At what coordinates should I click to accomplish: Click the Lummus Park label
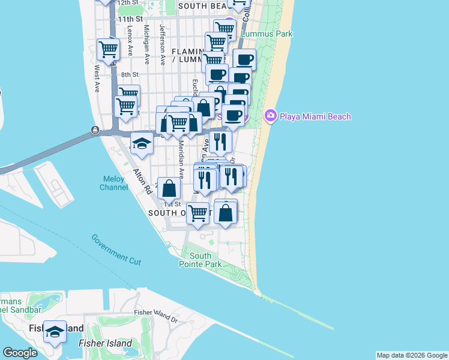[x=267, y=34]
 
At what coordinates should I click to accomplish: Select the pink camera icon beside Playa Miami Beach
[x=270, y=115]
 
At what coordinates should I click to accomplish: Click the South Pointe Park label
[x=200, y=260]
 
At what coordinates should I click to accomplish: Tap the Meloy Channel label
[x=114, y=182]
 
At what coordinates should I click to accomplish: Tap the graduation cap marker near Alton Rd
[x=142, y=144]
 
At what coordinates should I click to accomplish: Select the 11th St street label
[x=130, y=19]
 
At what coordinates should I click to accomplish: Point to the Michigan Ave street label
[x=146, y=46]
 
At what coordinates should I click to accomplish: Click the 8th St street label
[x=130, y=75]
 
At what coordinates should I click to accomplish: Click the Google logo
[x=20, y=352]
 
